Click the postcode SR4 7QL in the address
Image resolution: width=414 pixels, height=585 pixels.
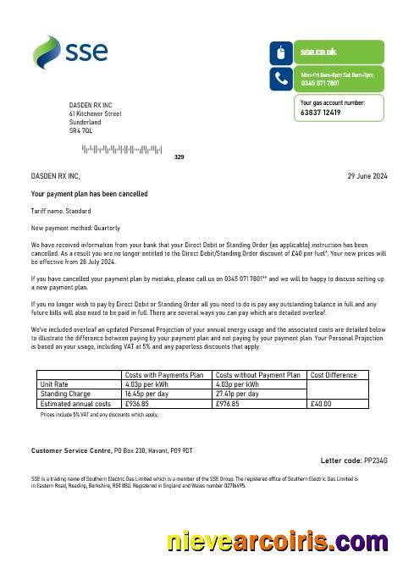(x=82, y=131)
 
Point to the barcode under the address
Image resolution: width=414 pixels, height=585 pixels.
(x=121, y=150)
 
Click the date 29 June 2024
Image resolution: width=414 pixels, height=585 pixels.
(x=367, y=176)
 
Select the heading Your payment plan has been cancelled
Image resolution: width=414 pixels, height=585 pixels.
(x=89, y=195)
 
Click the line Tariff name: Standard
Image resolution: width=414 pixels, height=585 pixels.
(x=61, y=211)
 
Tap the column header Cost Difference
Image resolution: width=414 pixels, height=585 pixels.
(x=334, y=375)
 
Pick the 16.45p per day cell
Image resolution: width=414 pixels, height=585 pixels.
(x=146, y=394)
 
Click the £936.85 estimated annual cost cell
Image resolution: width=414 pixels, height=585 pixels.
(x=137, y=404)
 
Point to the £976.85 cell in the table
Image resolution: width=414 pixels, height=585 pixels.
(x=229, y=404)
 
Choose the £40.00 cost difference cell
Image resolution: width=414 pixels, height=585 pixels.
(x=322, y=404)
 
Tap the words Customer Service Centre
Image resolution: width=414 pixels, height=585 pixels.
(x=67, y=449)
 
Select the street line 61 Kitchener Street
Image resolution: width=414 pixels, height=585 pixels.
(x=96, y=113)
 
